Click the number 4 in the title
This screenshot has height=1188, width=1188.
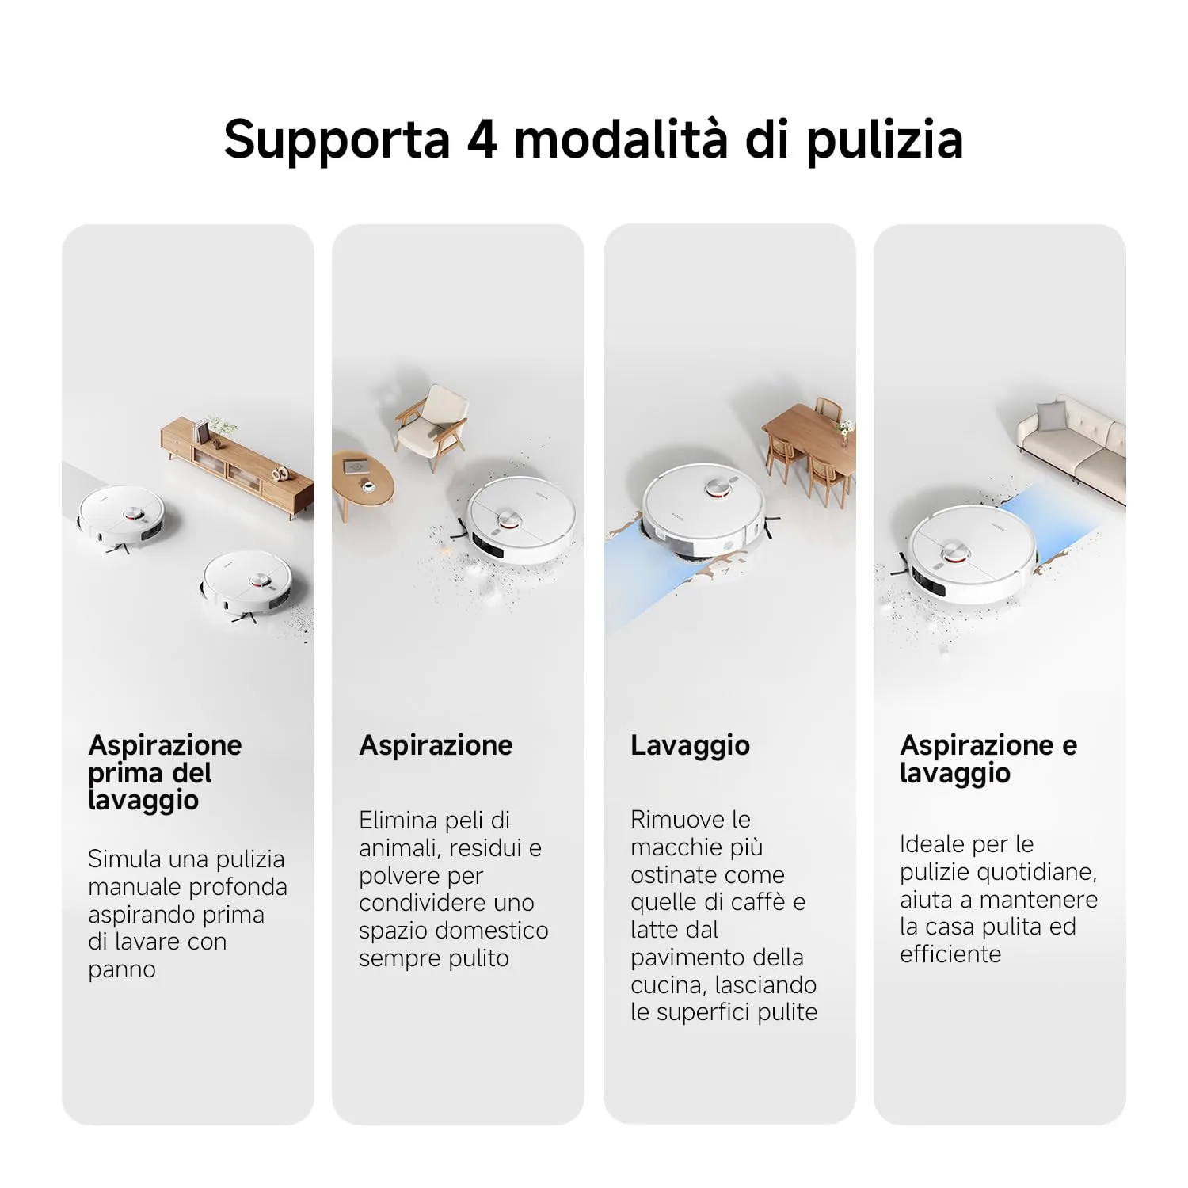482,139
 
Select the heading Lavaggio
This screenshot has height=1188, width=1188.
690,746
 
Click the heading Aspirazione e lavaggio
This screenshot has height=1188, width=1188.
988,759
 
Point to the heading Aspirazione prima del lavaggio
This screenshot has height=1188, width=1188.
166,772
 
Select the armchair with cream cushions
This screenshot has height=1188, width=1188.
431,426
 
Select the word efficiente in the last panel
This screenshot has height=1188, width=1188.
950,954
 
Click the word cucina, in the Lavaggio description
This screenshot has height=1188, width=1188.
669,986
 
